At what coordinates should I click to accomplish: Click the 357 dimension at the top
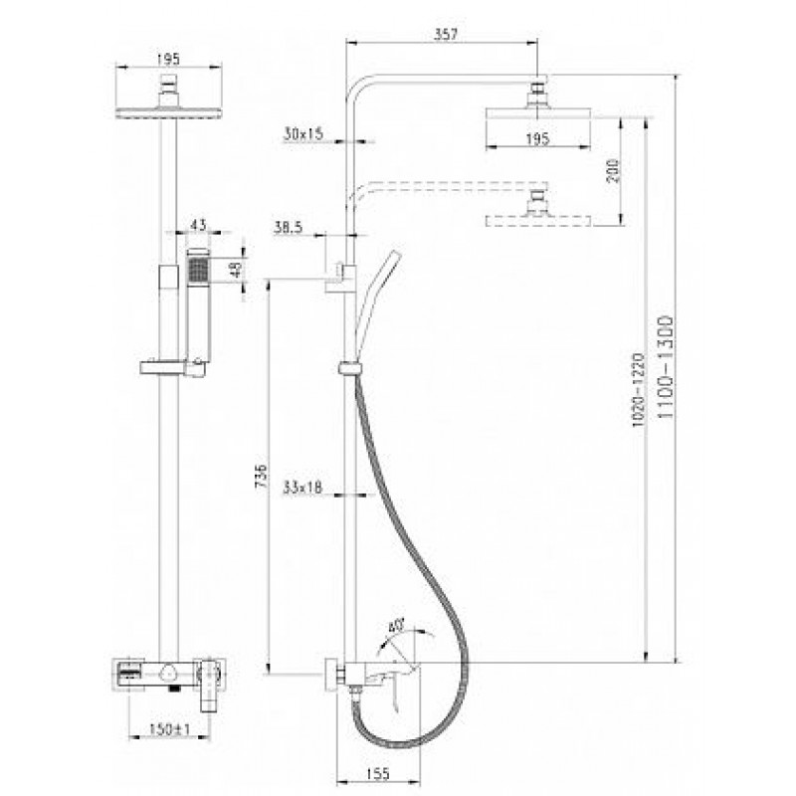click(447, 35)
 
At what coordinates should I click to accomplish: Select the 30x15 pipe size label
click(303, 134)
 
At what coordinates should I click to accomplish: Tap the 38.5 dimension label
click(289, 227)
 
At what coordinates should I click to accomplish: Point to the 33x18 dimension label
click(302, 488)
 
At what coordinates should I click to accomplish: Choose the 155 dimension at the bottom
click(378, 774)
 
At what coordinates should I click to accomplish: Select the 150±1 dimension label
click(169, 729)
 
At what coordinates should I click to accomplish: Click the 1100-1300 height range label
click(666, 366)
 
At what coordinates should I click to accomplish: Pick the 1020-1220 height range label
click(638, 390)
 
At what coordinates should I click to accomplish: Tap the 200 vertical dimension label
click(614, 171)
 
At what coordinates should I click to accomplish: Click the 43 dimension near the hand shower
click(199, 225)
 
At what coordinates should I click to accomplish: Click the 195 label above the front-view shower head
click(168, 59)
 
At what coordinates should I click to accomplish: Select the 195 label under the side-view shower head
click(537, 138)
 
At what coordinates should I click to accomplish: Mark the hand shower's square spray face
click(198, 269)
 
